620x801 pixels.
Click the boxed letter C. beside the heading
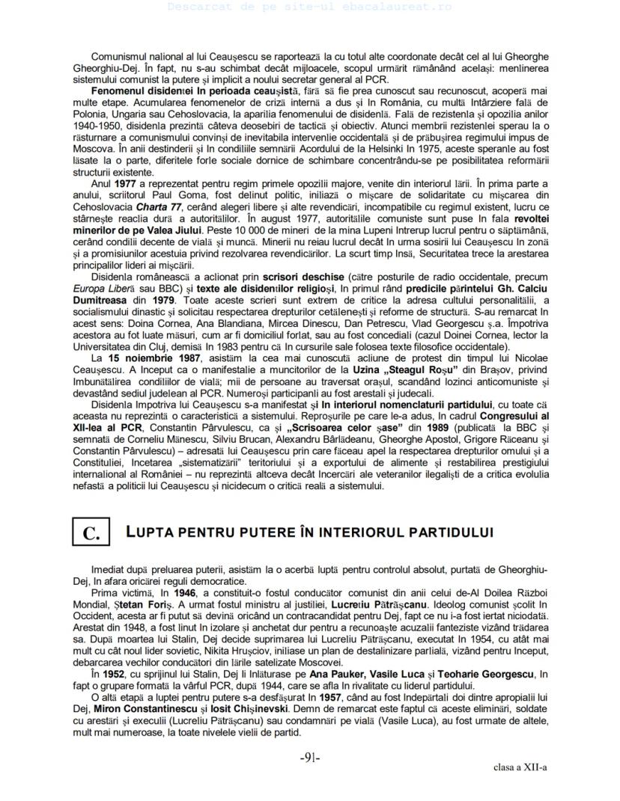pos(91,533)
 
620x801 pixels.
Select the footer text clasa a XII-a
pos(520,767)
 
